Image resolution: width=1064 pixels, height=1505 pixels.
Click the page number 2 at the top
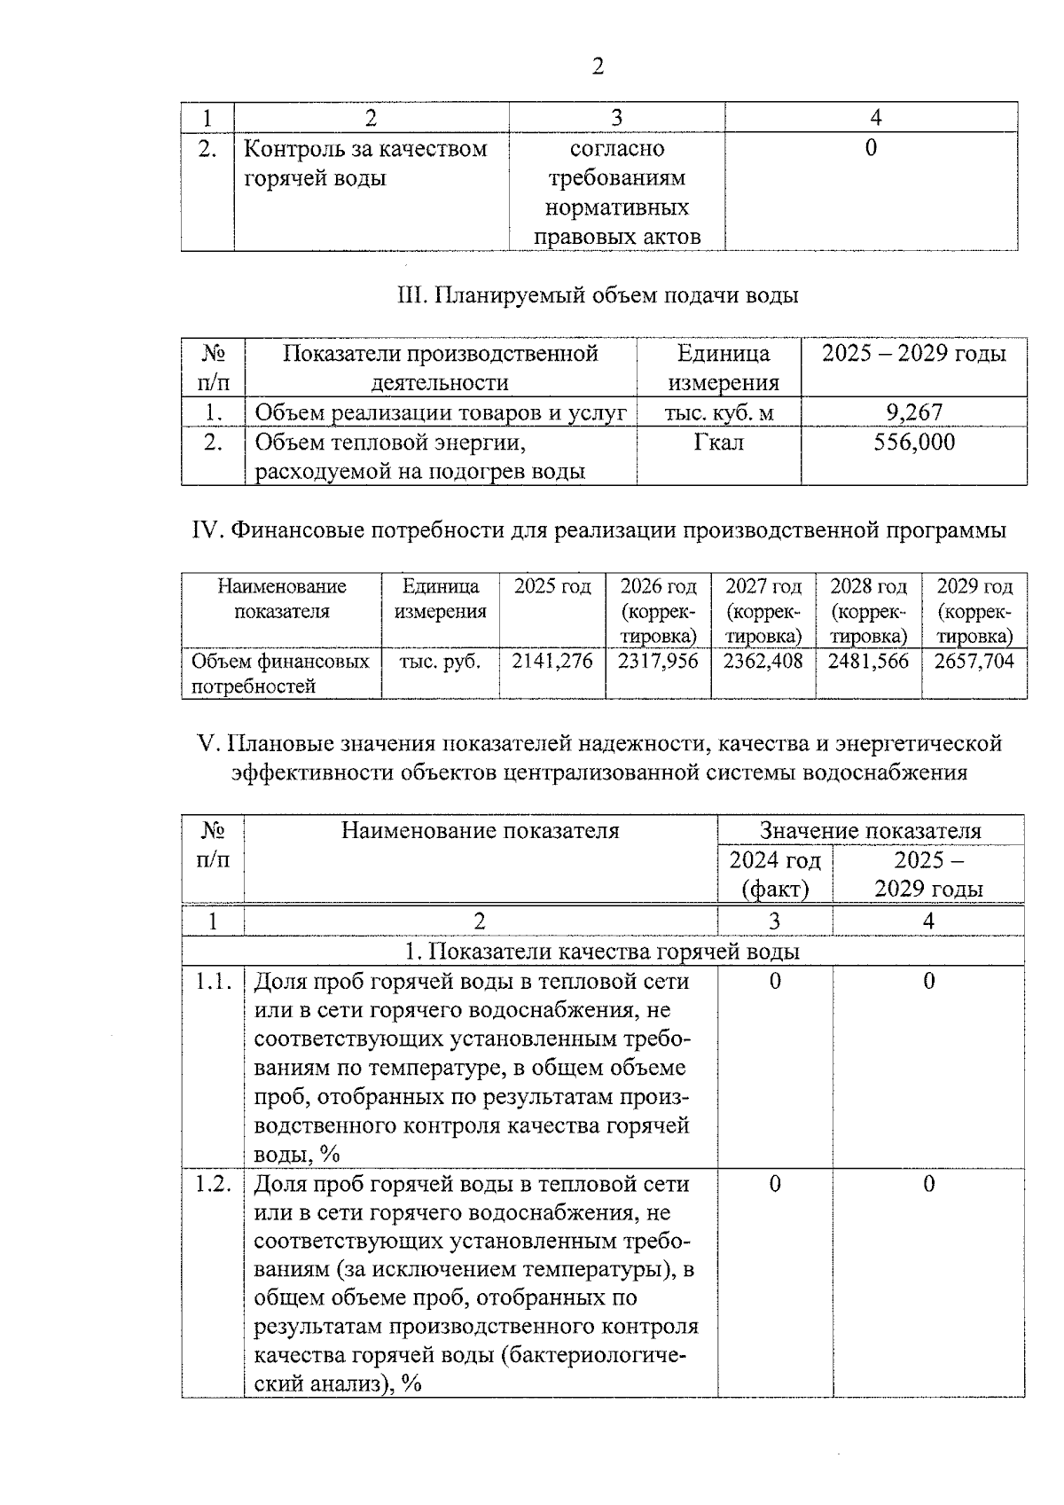coord(597,67)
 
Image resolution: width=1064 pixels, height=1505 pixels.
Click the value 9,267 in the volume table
coord(913,412)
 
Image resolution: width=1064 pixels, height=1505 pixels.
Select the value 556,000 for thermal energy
coord(913,442)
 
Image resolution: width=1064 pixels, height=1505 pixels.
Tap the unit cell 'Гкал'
coord(718,442)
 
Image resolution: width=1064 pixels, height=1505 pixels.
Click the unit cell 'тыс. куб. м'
coord(718,412)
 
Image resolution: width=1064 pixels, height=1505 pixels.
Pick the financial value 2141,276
coord(552,661)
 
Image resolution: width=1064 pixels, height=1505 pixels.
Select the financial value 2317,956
coord(658,661)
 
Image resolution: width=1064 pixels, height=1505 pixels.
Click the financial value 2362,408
coord(763,661)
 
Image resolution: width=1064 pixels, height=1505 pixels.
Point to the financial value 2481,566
coord(868,661)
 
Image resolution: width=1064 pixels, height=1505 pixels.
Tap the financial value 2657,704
coord(974,661)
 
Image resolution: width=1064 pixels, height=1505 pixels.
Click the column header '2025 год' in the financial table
coord(552,587)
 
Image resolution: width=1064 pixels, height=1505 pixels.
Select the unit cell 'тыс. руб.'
coord(440,662)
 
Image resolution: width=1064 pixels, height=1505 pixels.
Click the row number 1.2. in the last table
coord(213,1184)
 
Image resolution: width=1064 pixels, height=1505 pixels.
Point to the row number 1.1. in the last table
coord(213,981)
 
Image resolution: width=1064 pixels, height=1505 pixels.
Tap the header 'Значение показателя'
coord(870,831)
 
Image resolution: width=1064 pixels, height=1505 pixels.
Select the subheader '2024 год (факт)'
coord(775,874)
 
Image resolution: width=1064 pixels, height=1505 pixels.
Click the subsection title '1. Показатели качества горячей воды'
coord(602,952)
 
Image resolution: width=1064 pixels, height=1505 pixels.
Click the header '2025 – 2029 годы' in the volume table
coord(913,354)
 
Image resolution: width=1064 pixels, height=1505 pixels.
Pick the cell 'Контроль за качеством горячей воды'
coord(365,163)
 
